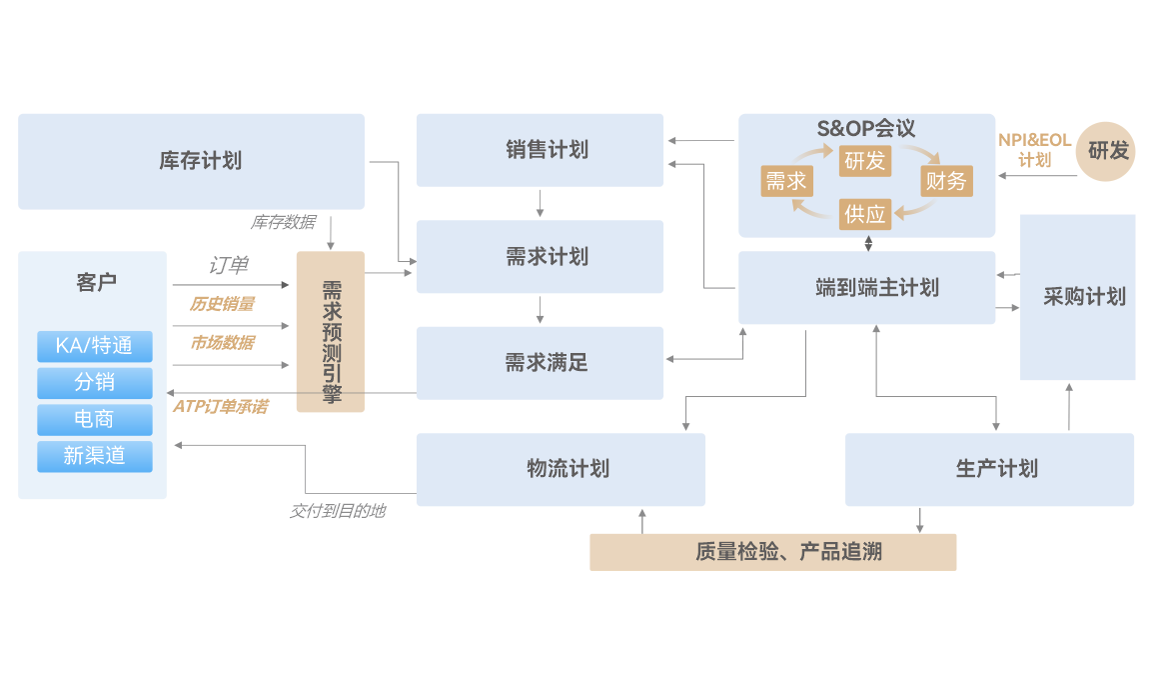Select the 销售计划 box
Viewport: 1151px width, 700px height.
[540, 150]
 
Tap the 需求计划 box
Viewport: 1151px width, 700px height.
[540, 257]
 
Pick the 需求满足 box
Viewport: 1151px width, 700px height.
[540, 363]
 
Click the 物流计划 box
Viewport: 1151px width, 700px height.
[561, 469]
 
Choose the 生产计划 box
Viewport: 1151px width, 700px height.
[989, 469]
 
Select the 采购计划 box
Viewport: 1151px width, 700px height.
[1077, 297]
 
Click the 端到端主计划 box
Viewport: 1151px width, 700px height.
[866, 288]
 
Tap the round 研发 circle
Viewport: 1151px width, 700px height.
[1107, 152]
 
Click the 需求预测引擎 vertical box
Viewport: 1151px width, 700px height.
[331, 332]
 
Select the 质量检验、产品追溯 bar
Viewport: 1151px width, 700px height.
[772, 552]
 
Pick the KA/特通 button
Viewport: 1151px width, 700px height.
[95, 346]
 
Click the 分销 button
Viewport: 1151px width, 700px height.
[95, 383]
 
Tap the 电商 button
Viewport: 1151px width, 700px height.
[95, 419]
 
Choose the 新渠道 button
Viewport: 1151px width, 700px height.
[95, 456]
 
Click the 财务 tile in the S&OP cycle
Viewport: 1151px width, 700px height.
[945, 181]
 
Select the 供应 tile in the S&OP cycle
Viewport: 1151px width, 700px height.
[864, 213]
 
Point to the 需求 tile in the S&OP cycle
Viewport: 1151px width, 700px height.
[785, 181]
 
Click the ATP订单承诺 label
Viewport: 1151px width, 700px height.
[220, 407]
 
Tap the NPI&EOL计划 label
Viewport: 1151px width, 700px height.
[1034, 150]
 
